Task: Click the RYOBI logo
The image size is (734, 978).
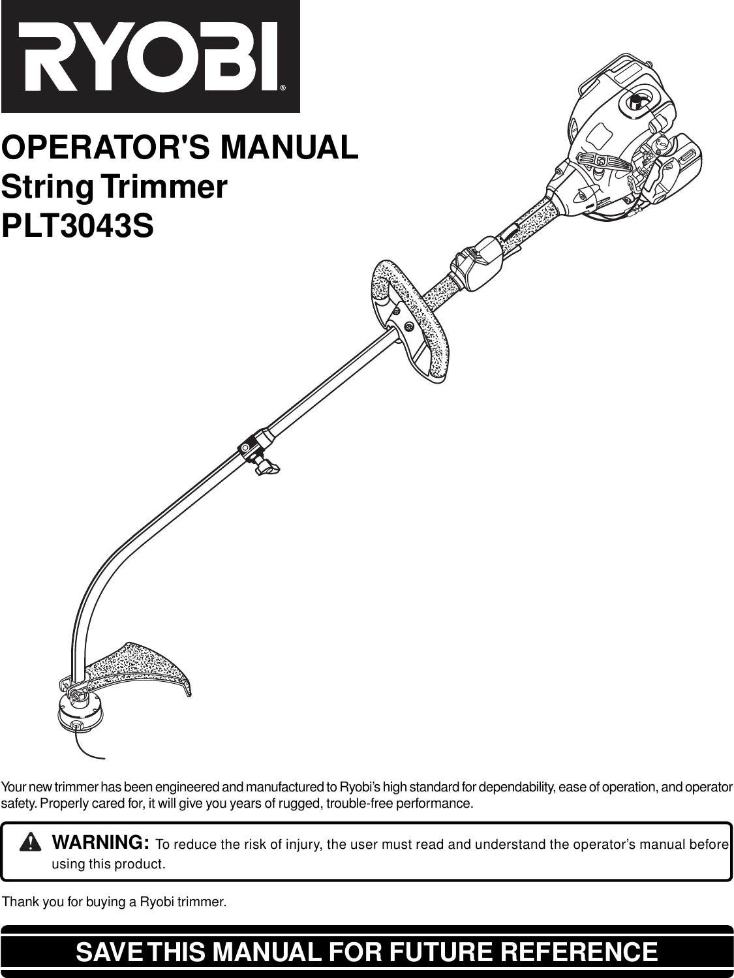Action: pyautogui.click(x=150, y=57)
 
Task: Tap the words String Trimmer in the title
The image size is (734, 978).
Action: pyautogui.click(x=115, y=187)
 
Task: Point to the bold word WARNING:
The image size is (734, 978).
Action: pyautogui.click(x=101, y=842)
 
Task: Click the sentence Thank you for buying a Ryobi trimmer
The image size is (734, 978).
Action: pyautogui.click(x=115, y=902)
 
